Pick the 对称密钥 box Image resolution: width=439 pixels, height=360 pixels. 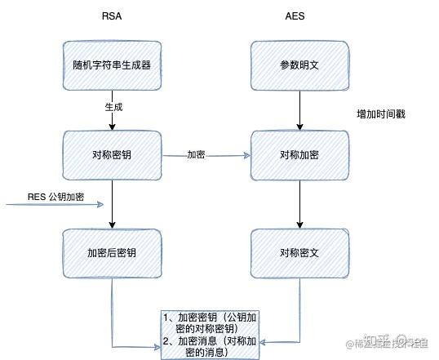(110, 154)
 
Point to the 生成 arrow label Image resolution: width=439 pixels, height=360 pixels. (113, 107)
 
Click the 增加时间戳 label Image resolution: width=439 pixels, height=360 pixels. (380, 113)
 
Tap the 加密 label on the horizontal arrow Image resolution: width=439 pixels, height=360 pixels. (196, 153)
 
